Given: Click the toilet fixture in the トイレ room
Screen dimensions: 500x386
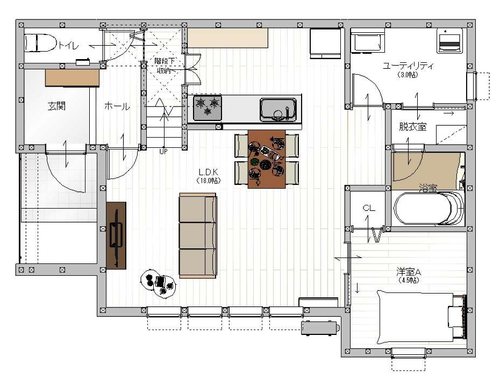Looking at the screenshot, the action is pos(40,43).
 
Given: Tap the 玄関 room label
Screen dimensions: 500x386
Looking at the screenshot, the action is pos(57,106).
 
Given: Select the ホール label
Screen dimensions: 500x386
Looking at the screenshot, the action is pos(117,106).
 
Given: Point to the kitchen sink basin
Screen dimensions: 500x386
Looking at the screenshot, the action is pos(278,109).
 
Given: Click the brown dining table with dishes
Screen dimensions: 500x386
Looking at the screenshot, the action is pos(267,159).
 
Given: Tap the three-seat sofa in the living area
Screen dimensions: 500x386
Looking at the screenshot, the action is pos(198,235).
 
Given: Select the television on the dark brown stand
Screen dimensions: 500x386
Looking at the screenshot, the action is pos(116,235).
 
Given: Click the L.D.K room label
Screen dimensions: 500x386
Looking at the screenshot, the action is pos(208,173).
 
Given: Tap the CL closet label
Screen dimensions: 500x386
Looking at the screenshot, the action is pos(369,208).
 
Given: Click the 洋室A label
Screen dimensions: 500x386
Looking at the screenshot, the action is pos(409,272).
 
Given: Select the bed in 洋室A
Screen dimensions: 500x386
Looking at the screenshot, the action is pos(421,318).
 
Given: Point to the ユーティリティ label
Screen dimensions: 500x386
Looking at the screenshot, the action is pos(408,66).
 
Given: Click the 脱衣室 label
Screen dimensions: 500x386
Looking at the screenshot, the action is pos(412,127).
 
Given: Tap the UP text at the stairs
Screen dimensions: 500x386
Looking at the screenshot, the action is pos(163,152).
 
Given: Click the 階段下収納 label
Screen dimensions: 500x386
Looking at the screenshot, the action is pos(164,66).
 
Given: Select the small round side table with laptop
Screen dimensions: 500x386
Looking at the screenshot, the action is pos(159,284).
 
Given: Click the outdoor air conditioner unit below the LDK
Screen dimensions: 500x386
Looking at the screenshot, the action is pos(320,328).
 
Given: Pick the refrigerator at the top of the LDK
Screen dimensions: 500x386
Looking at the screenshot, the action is pos(326,44).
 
